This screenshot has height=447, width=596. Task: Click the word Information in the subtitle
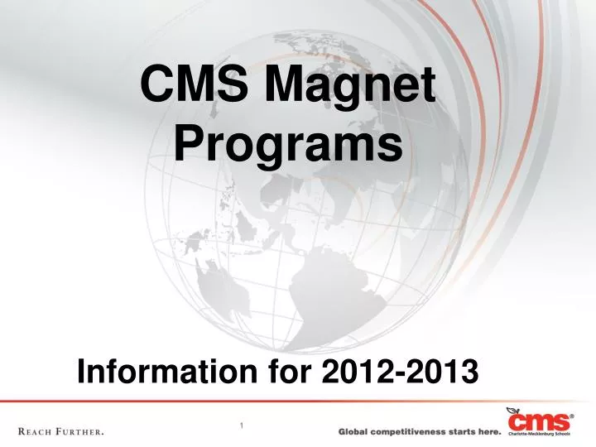166,372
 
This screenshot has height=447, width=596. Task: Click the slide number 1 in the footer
241,425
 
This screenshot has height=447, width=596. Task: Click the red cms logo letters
540,421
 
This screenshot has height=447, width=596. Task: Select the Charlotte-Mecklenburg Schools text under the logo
541,433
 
